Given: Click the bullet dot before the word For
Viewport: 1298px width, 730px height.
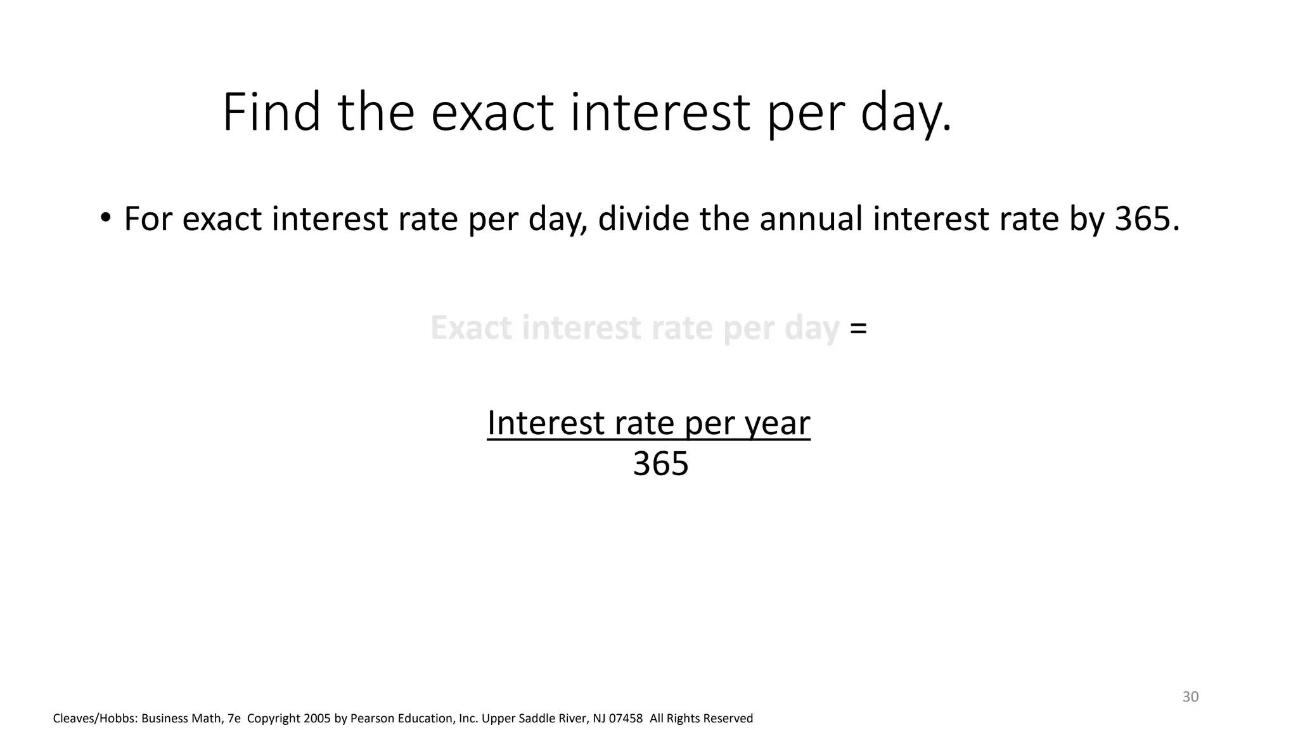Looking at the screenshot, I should tap(105, 218).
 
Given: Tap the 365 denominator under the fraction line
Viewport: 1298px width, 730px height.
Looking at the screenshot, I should tap(660, 464).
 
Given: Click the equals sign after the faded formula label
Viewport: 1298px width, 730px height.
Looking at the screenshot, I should tap(858, 328).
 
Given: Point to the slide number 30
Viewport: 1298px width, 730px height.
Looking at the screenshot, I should tap(1190, 697).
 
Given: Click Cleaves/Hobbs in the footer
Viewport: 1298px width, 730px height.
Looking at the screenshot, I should tap(94, 719).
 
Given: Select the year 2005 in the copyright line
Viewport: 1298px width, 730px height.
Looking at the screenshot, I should tap(317, 719).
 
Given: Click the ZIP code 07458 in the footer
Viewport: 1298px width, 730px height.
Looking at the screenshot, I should tap(626, 719).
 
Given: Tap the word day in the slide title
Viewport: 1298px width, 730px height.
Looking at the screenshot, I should tap(906, 113).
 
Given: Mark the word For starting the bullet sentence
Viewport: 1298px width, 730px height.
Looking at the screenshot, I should tap(148, 219).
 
